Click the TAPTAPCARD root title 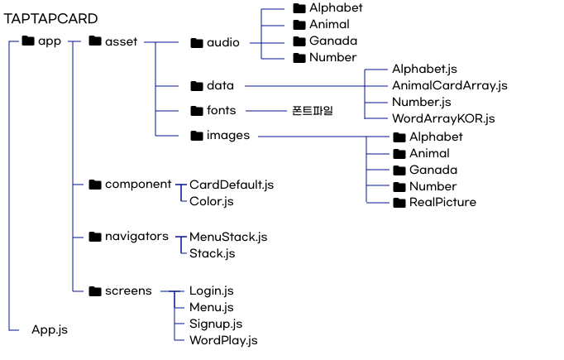coord(50,18)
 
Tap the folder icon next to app coord(27,41)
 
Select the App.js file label coord(50,329)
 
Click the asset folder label coord(121,41)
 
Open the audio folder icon coord(197,43)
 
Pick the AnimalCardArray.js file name coord(450,85)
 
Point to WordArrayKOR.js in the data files coord(443,118)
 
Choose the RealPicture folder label coord(442,202)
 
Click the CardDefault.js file coord(232,184)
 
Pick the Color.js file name coord(212,200)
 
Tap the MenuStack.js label coord(228,237)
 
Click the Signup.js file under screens coord(215,323)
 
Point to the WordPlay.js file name coord(223,339)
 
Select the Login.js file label coord(211,290)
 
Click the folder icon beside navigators coord(94,237)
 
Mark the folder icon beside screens coord(94,290)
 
